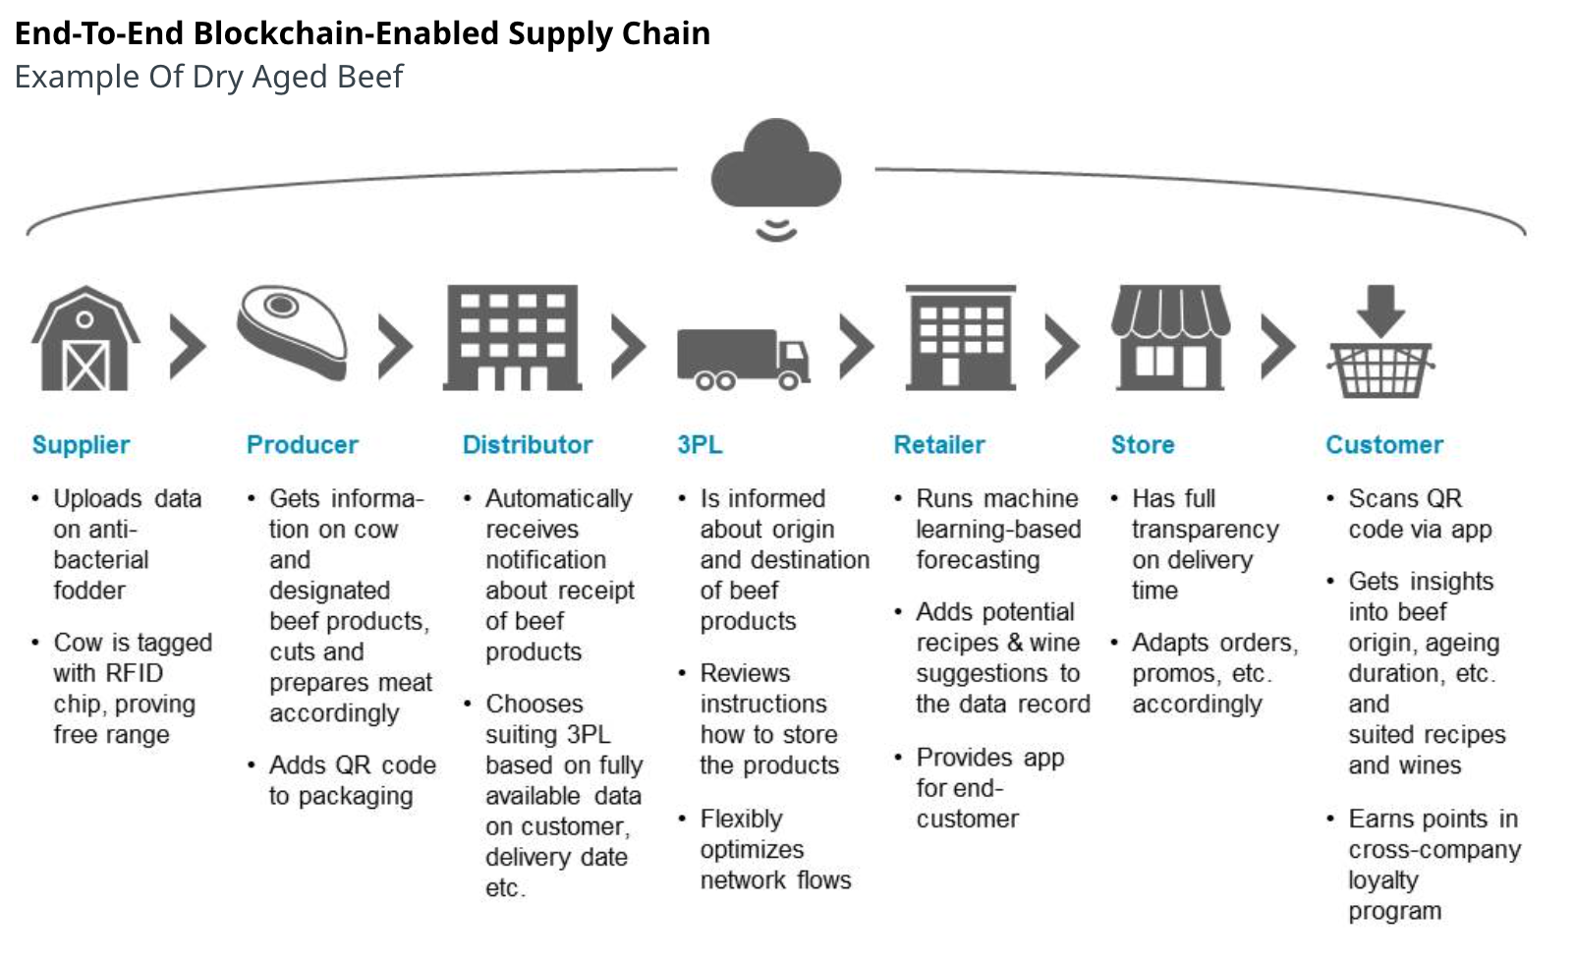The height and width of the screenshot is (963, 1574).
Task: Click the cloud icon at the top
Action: click(775, 165)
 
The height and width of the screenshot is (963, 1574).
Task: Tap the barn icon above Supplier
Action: click(85, 339)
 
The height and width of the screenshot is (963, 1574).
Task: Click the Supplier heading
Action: click(81, 445)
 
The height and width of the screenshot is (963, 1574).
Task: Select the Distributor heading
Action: click(528, 445)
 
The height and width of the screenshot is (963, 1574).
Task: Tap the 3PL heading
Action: click(700, 445)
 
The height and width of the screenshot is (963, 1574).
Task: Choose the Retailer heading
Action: click(939, 445)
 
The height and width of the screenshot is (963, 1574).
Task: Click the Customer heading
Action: click(1384, 445)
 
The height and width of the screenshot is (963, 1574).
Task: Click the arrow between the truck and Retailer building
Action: click(857, 346)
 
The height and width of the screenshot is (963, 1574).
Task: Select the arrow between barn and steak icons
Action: click(188, 346)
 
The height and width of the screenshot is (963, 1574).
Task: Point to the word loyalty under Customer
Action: click(1383, 880)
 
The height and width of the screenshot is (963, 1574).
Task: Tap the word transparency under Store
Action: click(1206, 530)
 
